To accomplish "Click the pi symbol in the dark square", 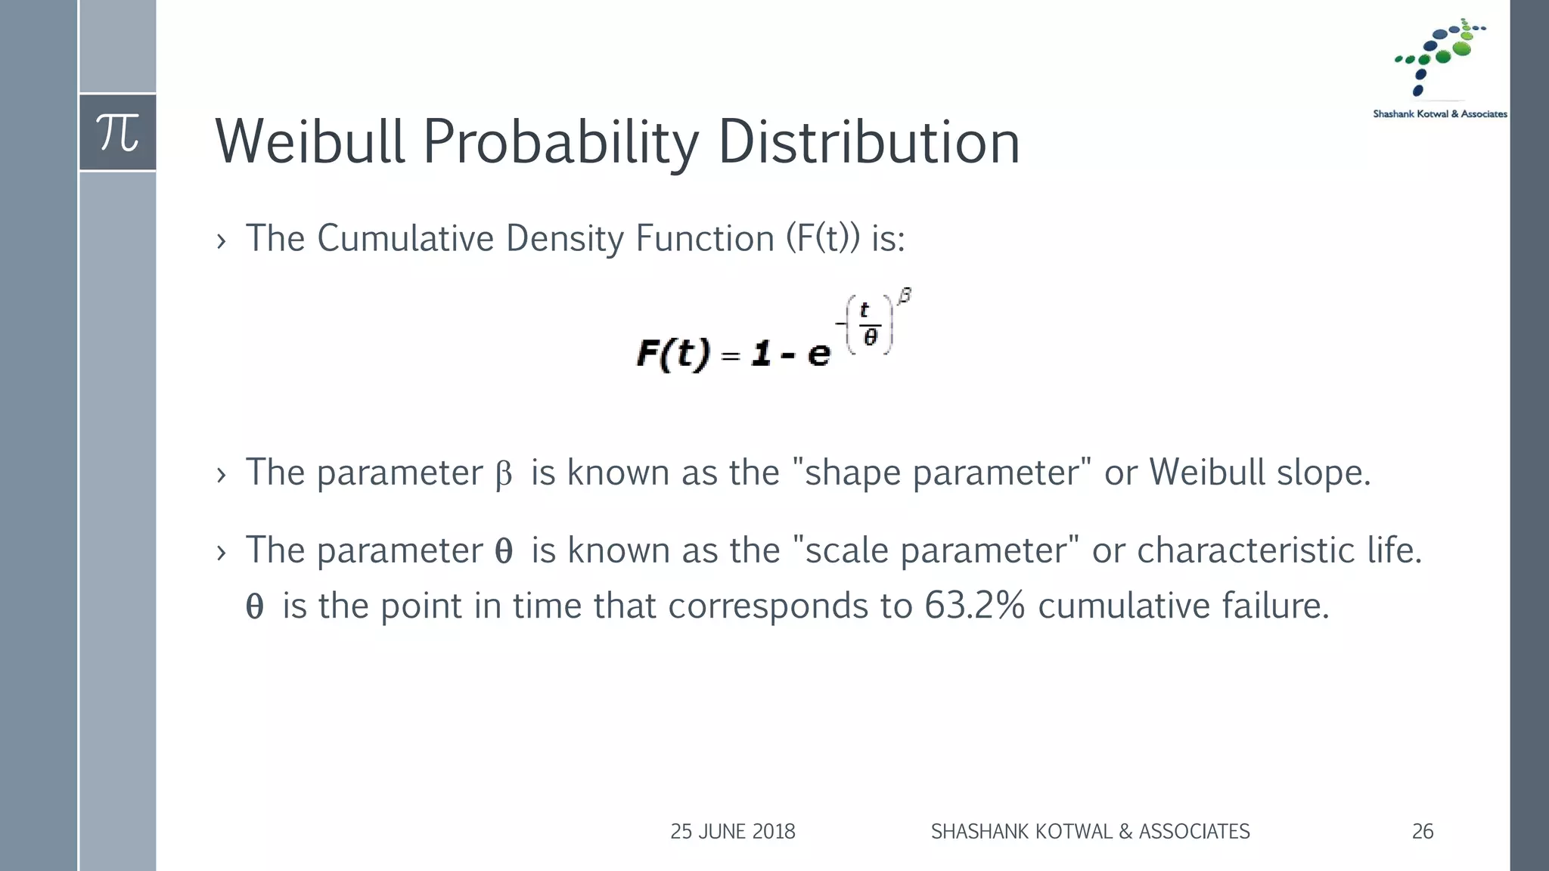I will click(118, 133).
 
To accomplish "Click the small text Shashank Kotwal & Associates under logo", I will click(1439, 114).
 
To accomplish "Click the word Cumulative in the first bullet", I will click(405, 239).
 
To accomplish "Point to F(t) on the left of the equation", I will click(673, 354).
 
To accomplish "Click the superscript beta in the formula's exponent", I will click(905, 296).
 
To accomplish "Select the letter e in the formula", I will click(818, 354).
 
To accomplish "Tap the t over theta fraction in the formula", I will click(868, 324).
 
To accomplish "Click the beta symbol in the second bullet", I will click(503, 475).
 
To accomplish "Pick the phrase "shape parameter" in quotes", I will click(942, 473).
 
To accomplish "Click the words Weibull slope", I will click(1259, 473).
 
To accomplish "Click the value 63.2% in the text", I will click(974, 606).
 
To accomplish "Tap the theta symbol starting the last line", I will click(254, 607).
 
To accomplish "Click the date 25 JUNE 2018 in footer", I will click(732, 832).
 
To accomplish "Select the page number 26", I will click(1422, 832).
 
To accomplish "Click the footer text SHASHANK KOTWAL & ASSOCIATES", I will click(1090, 832).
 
